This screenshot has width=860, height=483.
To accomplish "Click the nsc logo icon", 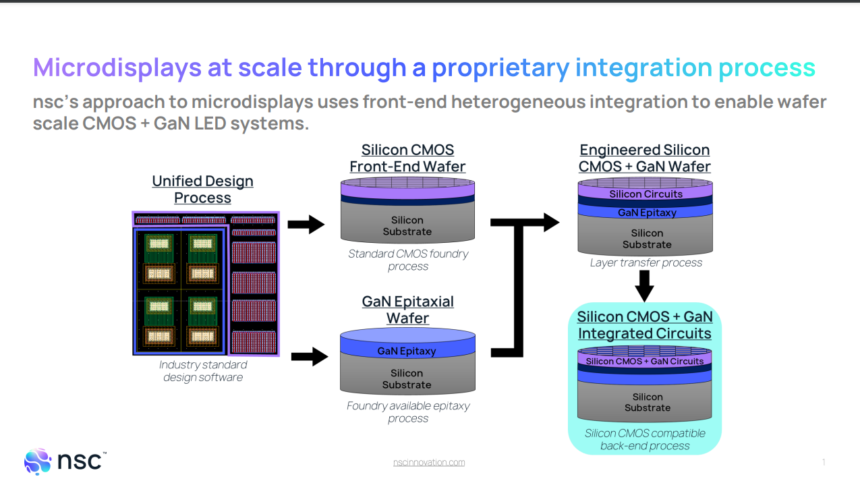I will point(38,461).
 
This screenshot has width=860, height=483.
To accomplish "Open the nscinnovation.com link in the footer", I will point(429,462).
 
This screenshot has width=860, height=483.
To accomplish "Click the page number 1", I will point(824,462).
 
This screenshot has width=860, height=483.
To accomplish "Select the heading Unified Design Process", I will point(202,190).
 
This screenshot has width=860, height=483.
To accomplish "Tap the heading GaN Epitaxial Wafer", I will point(407,310).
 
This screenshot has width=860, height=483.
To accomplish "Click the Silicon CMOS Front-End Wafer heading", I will point(407,158).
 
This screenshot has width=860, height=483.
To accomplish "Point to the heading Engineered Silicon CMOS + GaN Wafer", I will point(644,158).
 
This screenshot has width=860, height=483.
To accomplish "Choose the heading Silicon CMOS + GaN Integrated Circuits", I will point(644,325).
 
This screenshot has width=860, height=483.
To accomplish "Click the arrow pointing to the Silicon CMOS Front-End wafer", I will point(306,224).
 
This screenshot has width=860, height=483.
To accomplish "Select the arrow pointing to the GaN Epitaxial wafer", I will point(309,356).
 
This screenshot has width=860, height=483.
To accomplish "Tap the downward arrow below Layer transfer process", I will point(645,287).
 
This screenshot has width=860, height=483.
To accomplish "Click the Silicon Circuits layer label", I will point(646,194).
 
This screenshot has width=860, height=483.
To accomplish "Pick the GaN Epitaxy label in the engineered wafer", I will point(647,212).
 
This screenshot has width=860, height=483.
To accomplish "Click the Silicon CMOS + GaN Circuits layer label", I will point(644,362).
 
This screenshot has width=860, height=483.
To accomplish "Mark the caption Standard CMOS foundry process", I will point(407,260).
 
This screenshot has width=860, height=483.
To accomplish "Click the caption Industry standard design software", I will point(203,371).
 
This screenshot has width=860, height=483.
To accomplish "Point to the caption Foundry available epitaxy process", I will point(407,412).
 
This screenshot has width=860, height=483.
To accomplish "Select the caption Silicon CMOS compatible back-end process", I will point(645,439).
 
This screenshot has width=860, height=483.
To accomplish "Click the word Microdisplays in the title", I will point(117,67).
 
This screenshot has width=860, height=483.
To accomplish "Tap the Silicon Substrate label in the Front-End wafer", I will point(407,226).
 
